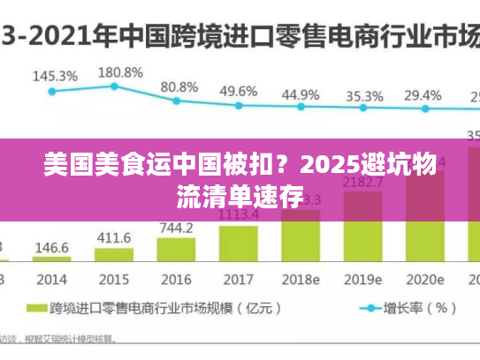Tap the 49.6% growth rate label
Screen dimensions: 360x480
pyautogui.click(x=239, y=91)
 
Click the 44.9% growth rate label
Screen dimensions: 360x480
pyautogui.click(x=301, y=94)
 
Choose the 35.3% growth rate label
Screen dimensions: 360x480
pyautogui.click(x=364, y=95)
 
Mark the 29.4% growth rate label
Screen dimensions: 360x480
pyautogui.click(x=423, y=94)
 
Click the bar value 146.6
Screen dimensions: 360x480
pyautogui.click(x=51, y=249)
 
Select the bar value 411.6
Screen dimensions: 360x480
pyautogui.click(x=113, y=237)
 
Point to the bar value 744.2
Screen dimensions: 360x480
pyautogui.click(x=176, y=229)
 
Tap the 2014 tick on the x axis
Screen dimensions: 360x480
pyautogui.click(x=50, y=280)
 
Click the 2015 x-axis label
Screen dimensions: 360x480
pyautogui.click(x=113, y=280)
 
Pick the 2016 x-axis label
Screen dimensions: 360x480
pyautogui.click(x=176, y=280)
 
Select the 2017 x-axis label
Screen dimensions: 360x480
pyautogui.click(x=239, y=280)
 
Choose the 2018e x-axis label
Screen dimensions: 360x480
pyautogui.click(x=301, y=280)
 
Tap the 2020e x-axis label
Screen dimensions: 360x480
pyautogui.click(x=426, y=280)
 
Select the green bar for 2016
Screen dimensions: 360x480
pyautogui.click(x=176, y=251)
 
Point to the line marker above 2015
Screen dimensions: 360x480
pyautogui.click(x=114, y=86)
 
